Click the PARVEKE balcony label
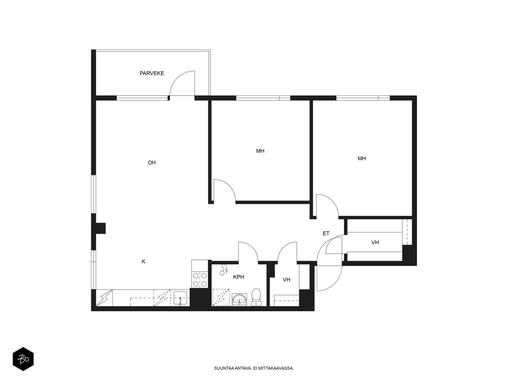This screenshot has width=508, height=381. click(151, 73)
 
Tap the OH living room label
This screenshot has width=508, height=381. click(151, 163)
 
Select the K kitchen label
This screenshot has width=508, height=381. click(144, 261)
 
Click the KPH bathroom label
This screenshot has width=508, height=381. click(238, 277)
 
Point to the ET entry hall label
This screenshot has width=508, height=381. click(326, 233)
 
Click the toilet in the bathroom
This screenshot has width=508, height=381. click(256, 297)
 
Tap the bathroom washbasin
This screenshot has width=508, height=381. click(239, 300)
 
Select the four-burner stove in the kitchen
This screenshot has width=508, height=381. click(200, 280)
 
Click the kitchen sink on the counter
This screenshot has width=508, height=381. click(180, 298)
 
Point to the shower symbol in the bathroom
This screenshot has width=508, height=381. click(224, 270)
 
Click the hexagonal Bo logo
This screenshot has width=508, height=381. click(23, 359)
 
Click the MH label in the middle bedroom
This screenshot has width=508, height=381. click(260, 151)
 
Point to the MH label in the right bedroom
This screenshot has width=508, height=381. click(362, 158)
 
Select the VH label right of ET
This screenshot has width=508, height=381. click(375, 243)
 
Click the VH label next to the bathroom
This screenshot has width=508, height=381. click(286, 280)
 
